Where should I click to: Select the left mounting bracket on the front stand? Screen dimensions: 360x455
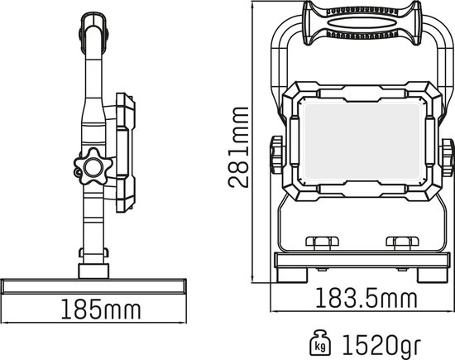pos(322,242)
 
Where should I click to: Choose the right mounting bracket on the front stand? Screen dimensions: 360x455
pos(403,242)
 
